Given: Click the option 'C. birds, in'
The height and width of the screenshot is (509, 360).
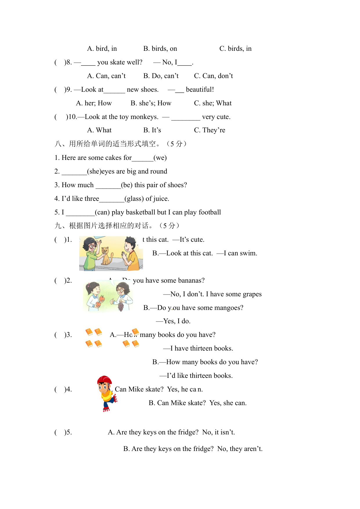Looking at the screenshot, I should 235,48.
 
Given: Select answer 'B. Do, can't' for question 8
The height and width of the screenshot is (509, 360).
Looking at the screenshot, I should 161,76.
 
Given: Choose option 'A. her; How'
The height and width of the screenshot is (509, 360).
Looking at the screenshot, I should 94,103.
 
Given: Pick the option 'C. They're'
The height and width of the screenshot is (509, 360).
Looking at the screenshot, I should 209,130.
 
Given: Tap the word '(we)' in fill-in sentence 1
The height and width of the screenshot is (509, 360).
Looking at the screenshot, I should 160,158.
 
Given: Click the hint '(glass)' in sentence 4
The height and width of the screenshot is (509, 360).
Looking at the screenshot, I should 134,198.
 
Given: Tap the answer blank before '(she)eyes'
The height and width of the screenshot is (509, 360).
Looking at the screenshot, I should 74,172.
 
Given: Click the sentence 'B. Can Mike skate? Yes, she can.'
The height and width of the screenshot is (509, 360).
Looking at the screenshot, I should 198,403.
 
